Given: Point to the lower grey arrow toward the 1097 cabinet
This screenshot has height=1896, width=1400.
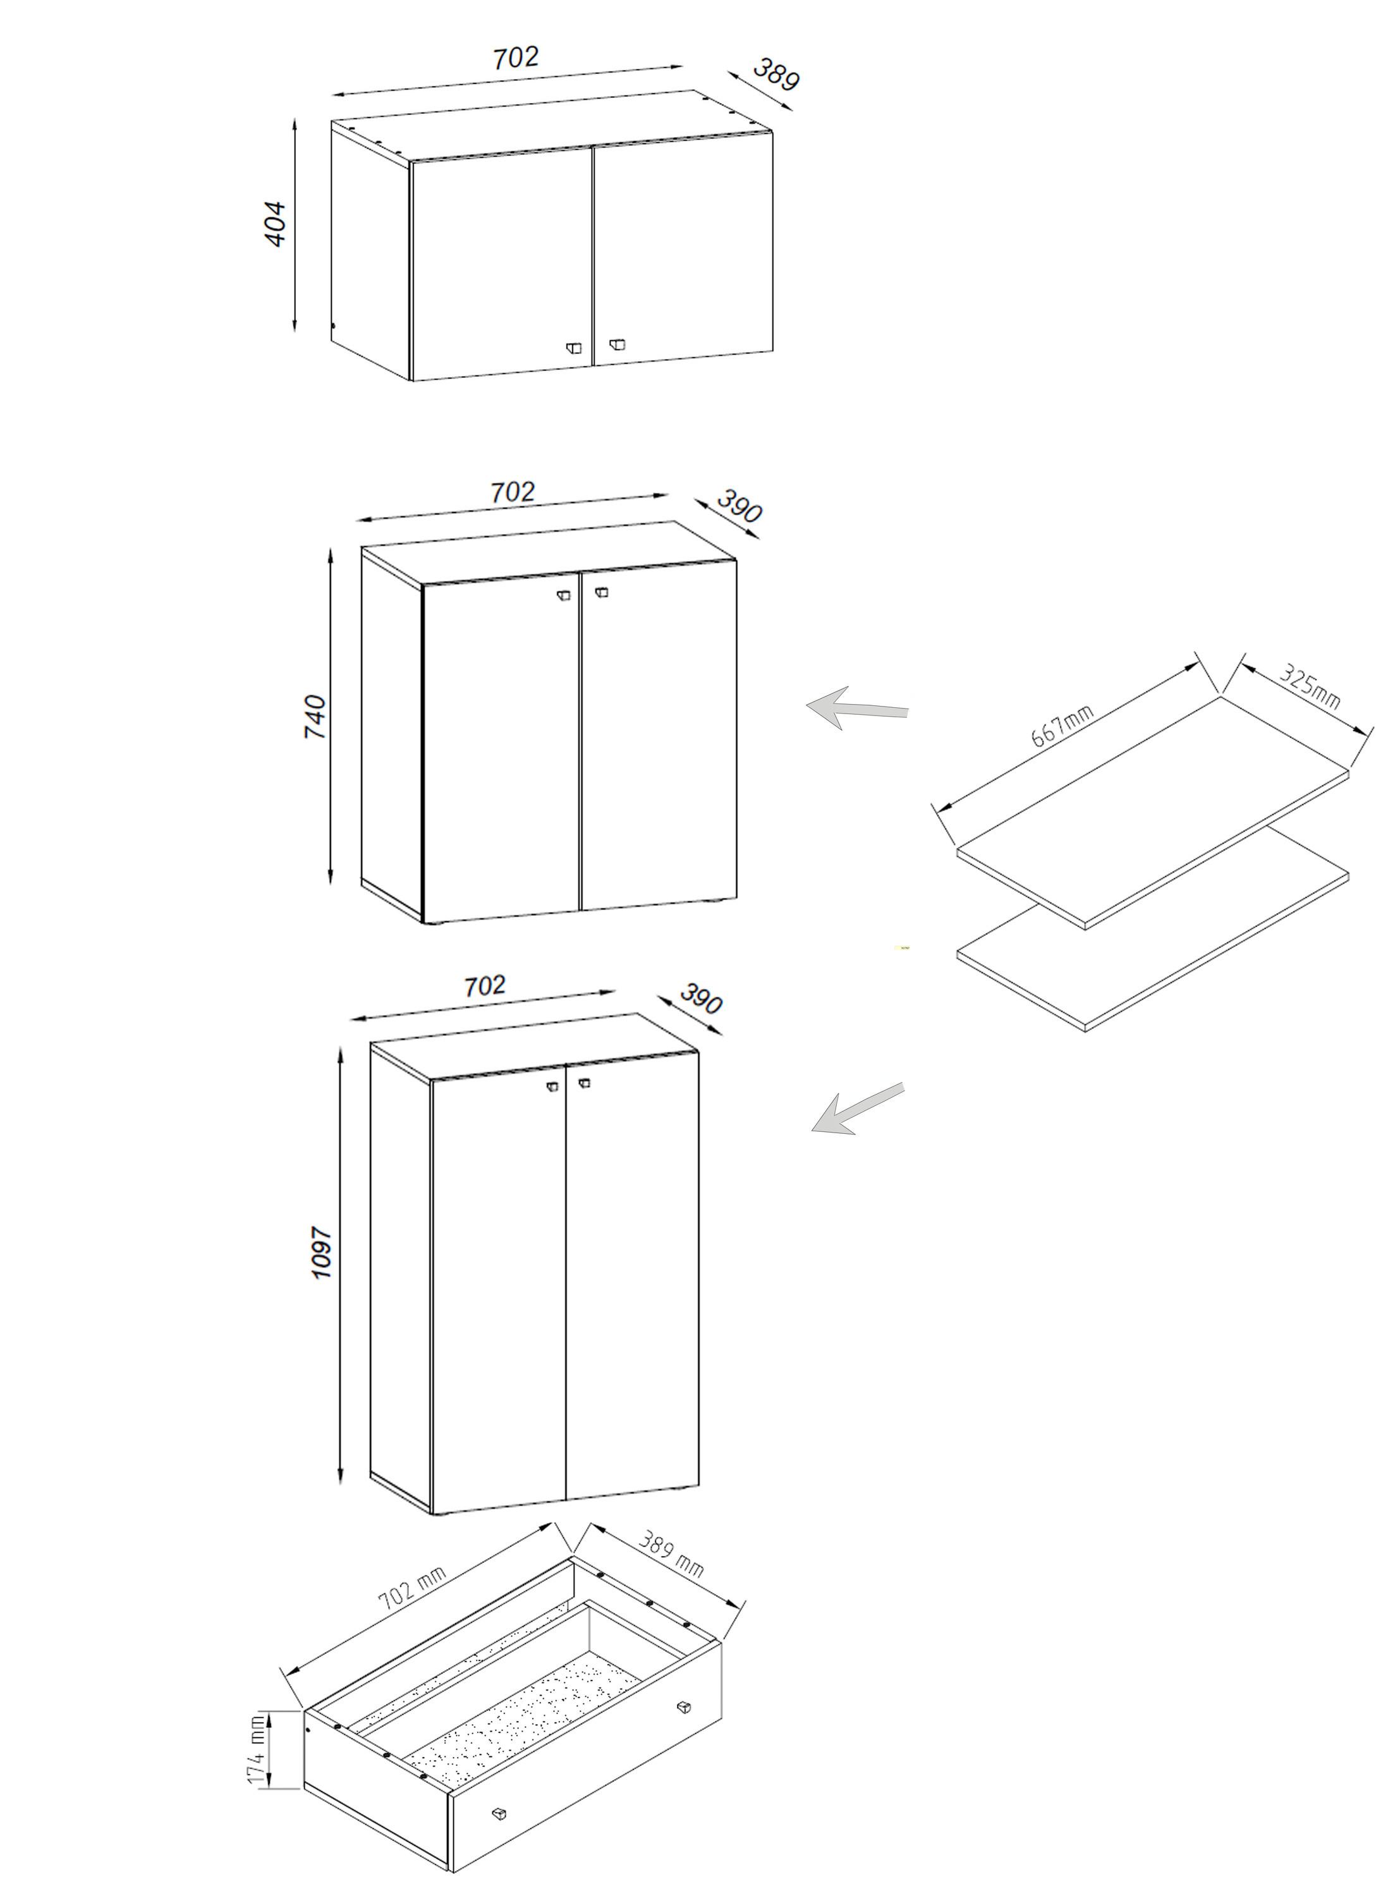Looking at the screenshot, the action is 857,1109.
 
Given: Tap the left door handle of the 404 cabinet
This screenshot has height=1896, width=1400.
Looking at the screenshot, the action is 575,348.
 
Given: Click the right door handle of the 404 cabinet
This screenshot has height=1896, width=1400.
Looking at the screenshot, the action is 616,344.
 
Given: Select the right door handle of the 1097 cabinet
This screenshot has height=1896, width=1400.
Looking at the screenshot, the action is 584,1083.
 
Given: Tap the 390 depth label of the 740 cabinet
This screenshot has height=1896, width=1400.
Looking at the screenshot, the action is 739,506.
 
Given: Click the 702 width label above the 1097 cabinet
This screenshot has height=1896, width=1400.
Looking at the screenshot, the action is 485,985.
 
